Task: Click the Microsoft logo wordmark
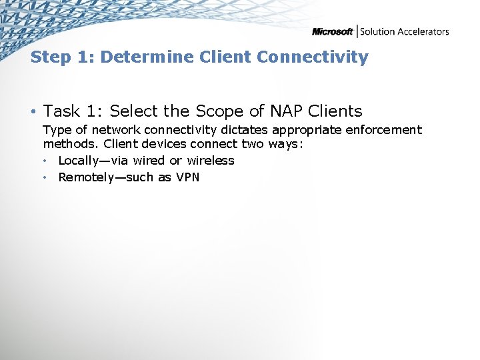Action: tap(333, 31)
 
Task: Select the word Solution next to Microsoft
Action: tap(377, 31)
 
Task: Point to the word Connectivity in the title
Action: tap(312, 57)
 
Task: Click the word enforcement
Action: tap(382, 130)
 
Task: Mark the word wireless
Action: tap(211, 161)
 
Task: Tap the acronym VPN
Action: tap(187, 177)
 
